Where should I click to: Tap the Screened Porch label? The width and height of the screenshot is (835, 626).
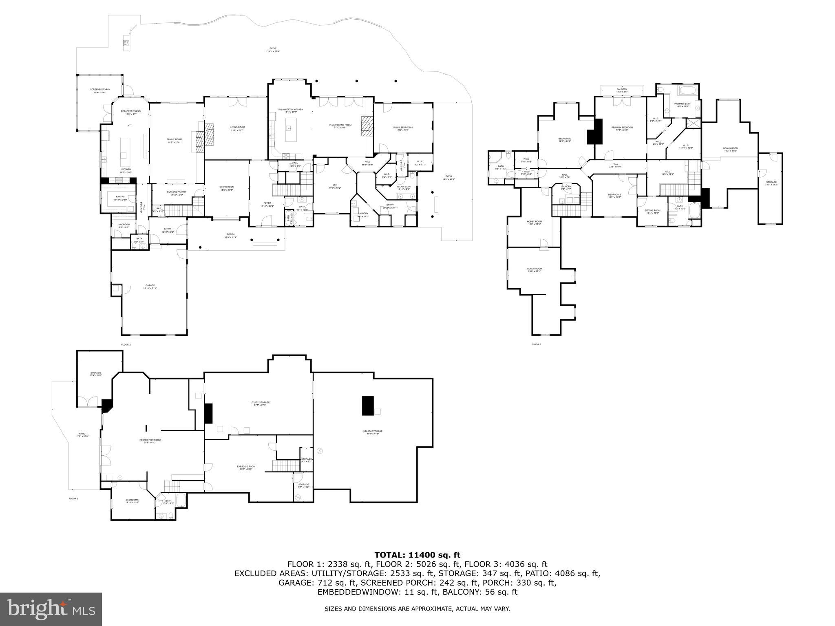point(100,90)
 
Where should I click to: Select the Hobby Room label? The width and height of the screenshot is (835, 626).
point(535,223)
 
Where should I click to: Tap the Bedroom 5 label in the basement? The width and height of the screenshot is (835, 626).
point(132,501)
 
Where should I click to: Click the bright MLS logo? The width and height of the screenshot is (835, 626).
point(51,610)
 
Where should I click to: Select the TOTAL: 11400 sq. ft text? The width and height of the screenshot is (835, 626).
point(417,555)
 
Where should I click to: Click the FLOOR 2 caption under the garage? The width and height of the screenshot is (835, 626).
point(126,345)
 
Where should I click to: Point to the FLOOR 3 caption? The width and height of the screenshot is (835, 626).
point(536,345)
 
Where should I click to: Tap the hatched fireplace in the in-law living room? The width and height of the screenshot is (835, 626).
point(366,125)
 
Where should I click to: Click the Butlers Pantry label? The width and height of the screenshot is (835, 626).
point(176,193)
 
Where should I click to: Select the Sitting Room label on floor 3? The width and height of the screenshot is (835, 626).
point(652,212)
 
